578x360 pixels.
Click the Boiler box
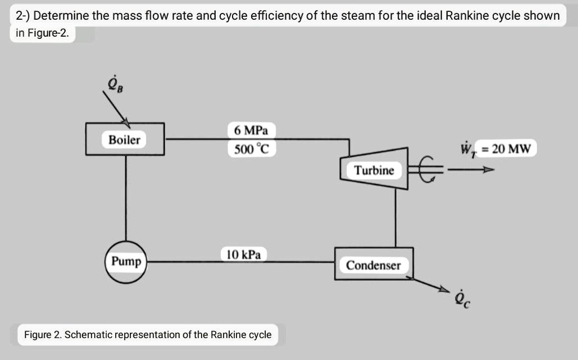click(125, 139)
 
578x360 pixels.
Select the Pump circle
click(126, 262)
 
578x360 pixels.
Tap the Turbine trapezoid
click(374, 170)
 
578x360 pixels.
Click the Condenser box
click(373, 265)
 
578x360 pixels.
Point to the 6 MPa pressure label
click(251, 131)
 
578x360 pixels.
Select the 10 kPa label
click(243, 254)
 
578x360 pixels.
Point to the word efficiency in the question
click(278, 16)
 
